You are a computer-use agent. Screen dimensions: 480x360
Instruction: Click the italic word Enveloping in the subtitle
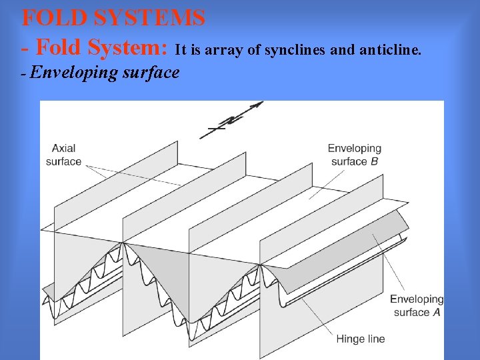pos(73,72)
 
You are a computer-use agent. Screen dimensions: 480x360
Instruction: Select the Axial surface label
pos(64,155)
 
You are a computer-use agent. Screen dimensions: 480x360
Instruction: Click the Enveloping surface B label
pos(354,155)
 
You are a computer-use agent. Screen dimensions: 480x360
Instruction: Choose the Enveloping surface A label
pos(416,305)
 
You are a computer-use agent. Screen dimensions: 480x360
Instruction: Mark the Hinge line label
pos(361,339)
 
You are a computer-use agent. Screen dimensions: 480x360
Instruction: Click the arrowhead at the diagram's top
pos(256,105)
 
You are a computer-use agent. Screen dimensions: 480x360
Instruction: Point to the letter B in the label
pos(374,161)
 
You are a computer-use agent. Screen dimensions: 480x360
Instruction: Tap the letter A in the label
pos(437,312)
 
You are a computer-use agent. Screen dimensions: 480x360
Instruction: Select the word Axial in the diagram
pos(64,148)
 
